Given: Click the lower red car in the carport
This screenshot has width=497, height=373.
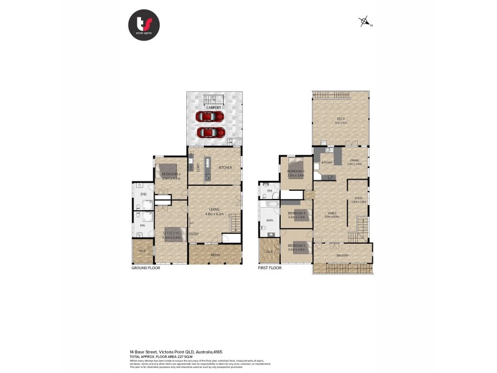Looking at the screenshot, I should (x=211, y=132).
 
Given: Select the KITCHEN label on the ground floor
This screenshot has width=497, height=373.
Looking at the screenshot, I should (x=225, y=168).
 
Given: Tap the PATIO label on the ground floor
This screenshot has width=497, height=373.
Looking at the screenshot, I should (x=215, y=255).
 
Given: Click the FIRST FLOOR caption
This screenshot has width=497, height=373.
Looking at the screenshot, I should (x=270, y=268).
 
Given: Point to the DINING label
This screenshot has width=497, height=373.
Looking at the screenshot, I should (x=354, y=160).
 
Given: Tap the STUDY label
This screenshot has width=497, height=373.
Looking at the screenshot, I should (x=358, y=198).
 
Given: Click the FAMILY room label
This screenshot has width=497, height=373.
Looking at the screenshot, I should (x=332, y=213).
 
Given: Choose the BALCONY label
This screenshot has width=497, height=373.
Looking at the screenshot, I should (x=342, y=256).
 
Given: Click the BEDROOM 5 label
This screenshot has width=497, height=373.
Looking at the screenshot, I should (x=296, y=246).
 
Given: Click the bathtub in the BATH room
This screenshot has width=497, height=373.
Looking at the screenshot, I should (x=271, y=205).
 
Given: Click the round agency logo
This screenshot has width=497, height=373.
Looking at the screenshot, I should (x=144, y=26).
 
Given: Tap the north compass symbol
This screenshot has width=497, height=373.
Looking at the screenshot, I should (x=365, y=22).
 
